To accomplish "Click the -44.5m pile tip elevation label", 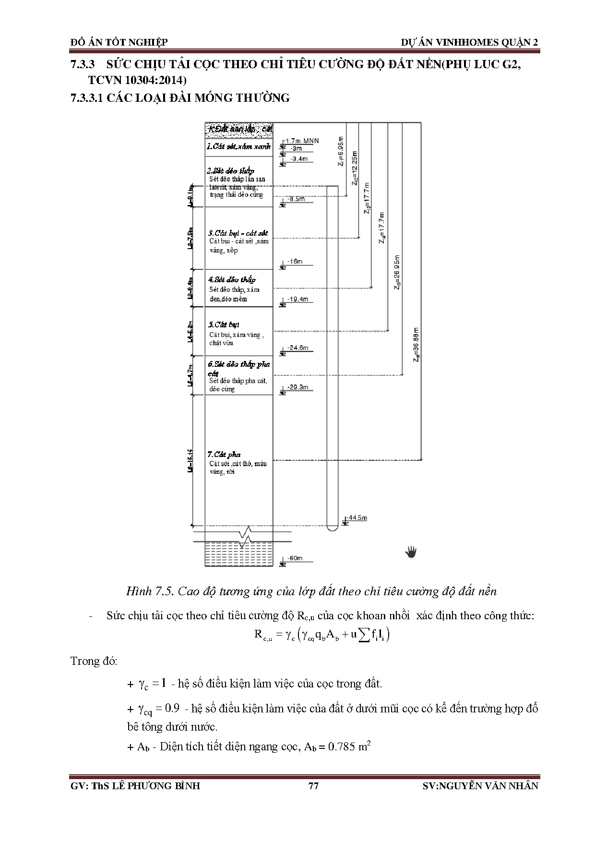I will tap(357, 517).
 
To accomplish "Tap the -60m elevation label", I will tap(295, 558).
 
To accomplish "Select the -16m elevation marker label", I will tap(295, 262).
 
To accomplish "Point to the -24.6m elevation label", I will tap(297, 348).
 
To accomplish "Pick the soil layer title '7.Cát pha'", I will tap(224, 454).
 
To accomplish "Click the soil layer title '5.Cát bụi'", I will tap(224, 325).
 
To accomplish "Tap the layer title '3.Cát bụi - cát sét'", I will tap(238, 232).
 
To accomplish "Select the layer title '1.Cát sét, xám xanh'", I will tap(238, 146).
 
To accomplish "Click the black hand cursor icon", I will tap(411, 552).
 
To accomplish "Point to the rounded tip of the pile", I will tap(331, 528).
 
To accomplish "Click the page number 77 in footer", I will tap(313, 786).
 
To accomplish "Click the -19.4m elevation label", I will tap(297, 299).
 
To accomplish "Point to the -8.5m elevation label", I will tap(296, 199).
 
